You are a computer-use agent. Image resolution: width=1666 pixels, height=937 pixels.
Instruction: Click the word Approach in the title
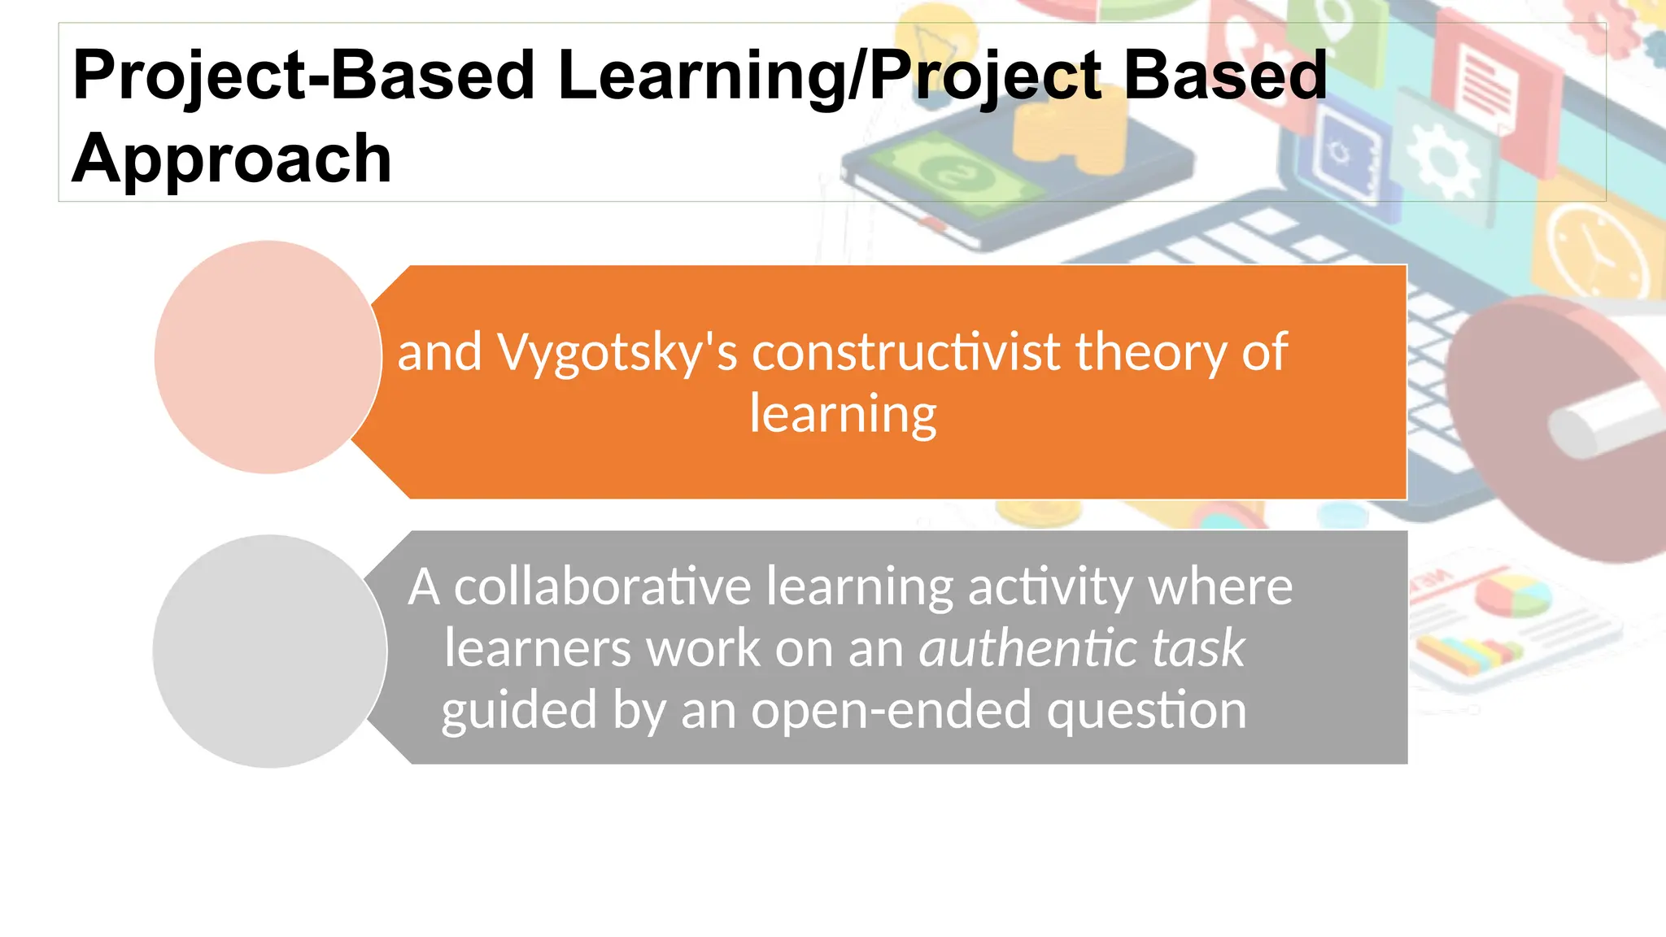232,159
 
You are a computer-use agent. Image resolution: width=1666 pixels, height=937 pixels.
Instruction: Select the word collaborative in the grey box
601,586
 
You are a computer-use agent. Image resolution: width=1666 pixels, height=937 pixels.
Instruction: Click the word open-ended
892,710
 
